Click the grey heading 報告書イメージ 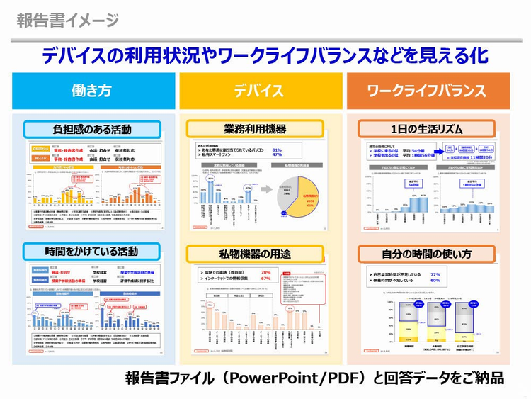(x=68, y=20)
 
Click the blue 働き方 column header (x=92, y=91)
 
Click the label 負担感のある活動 (x=92, y=130)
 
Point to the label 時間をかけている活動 (x=92, y=252)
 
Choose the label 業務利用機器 (x=255, y=129)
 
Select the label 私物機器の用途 (x=255, y=253)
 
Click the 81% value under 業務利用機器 (x=277, y=150)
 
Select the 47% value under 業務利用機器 (x=277, y=155)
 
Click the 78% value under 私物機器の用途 (x=266, y=272)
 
